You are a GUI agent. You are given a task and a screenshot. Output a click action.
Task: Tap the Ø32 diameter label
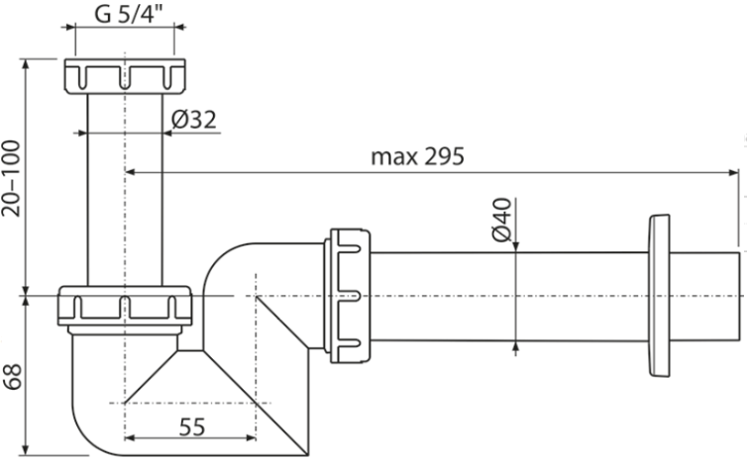tap(194, 120)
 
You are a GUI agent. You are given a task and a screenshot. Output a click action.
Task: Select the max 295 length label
tap(417, 156)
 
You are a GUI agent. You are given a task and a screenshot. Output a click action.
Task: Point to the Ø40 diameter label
tap(501, 220)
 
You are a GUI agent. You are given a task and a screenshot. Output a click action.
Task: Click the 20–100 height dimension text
tap(11, 178)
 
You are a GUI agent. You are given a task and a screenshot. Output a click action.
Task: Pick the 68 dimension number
tap(12, 377)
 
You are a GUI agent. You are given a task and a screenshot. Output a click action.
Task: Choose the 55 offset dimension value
tap(192, 426)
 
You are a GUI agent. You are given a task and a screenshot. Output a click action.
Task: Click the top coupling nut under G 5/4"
tap(125, 76)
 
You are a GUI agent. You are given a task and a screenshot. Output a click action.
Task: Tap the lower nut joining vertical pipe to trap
tap(125, 306)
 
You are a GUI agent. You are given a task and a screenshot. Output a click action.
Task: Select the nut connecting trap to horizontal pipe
tap(348, 296)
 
